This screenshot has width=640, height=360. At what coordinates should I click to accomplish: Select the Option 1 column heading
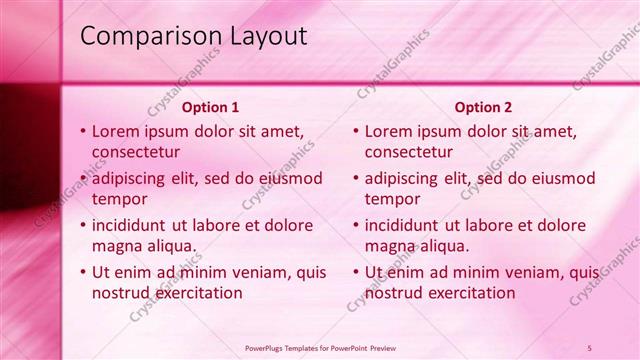click(x=210, y=107)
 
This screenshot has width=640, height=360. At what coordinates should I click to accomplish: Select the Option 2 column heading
click(x=483, y=107)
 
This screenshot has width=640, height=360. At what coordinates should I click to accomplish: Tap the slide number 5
click(x=590, y=348)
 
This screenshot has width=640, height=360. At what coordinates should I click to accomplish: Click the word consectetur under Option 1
click(x=136, y=152)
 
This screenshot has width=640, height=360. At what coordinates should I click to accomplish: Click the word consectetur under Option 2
click(x=409, y=152)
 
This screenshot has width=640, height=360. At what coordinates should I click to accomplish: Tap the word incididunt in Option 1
click(x=133, y=225)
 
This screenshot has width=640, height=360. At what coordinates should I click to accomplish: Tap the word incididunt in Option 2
click(x=406, y=225)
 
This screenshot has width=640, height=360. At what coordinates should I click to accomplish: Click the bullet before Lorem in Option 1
click(x=82, y=131)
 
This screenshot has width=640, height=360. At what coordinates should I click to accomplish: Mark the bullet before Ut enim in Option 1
click(x=82, y=272)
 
